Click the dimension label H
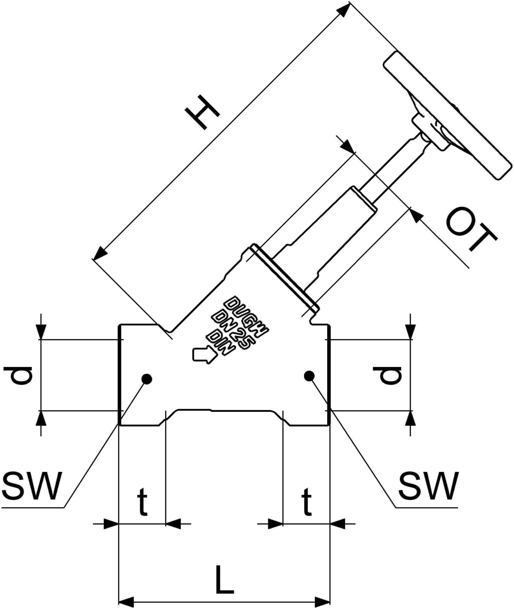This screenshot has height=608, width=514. [201, 112]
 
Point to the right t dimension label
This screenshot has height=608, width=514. [306, 502]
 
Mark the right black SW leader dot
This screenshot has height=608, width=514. [309, 376]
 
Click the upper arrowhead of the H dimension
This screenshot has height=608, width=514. [344, 10]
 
